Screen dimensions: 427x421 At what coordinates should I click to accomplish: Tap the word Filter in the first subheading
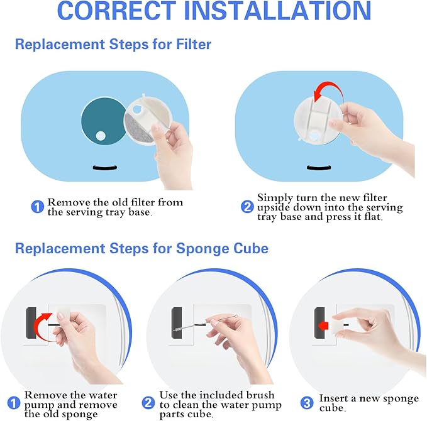pyautogui.click(x=194, y=44)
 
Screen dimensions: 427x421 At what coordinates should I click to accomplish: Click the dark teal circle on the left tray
pyautogui.click(x=104, y=121)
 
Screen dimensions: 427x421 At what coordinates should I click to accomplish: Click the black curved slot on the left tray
pyautogui.click(x=105, y=168)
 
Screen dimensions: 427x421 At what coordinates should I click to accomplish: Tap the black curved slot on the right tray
pyautogui.click(x=319, y=168)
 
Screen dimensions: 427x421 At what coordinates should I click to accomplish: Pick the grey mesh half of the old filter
pyautogui.click(x=137, y=128)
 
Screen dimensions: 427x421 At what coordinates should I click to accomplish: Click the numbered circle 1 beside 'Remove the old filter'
pyautogui.click(x=37, y=207)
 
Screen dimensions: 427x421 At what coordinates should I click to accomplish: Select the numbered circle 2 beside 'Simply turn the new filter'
pyautogui.click(x=247, y=207)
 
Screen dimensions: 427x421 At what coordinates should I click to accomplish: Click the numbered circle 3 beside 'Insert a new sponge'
pyautogui.click(x=307, y=403)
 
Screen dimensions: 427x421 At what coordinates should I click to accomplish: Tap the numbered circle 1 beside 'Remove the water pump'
pyautogui.click(x=14, y=403)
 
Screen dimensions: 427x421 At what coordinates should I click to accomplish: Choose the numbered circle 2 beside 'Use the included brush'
pyautogui.click(x=148, y=403)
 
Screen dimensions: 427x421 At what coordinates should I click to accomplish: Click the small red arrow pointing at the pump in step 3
pyautogui.click(x=323, y=325)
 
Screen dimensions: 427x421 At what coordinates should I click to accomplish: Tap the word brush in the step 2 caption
pyautogui.click(x=260, y=395)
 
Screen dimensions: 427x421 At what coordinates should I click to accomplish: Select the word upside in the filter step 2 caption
pyautogui.click(x=274, y=208)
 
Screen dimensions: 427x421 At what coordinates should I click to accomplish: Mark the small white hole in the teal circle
pyautogui.click(x=101, y=136)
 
